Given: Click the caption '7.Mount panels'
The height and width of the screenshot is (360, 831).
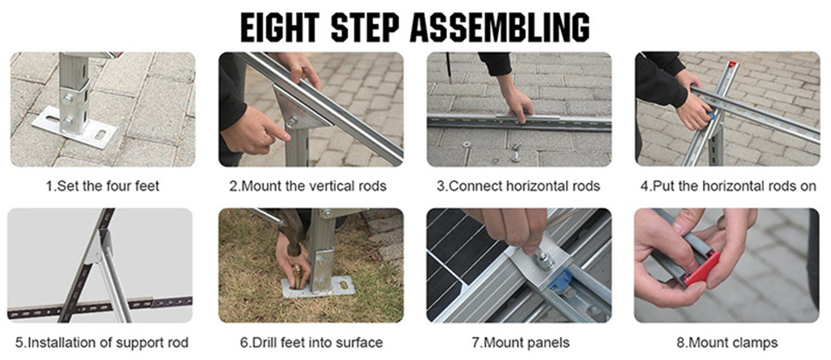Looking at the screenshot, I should (x=519, y=343).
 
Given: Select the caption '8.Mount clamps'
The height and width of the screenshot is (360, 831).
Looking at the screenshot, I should (x=728, y=343).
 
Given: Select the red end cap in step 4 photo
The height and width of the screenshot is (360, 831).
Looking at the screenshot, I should (x=732, y=64).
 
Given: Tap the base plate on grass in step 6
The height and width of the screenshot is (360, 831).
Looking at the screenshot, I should (x=319, y=288).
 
